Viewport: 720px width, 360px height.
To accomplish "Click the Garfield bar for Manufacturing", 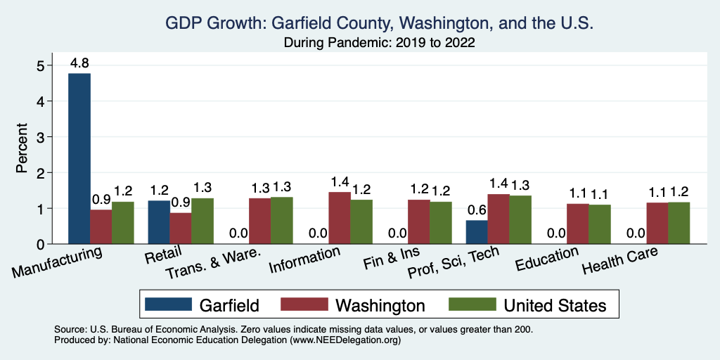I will pyautogui.click(x=79, y=159).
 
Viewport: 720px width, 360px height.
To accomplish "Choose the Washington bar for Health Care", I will pyautogui.click(x=657, y=223).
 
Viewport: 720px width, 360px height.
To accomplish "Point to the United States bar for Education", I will pyautogui.click(x=599, y=224).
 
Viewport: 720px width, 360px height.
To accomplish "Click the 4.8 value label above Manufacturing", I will pyautogui.click(x=79, y=63).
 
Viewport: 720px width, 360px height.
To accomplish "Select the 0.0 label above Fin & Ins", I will pyautogui.click(x=397, y=234).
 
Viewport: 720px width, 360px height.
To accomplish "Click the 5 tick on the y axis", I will pyautogui.click(x=41, y=65).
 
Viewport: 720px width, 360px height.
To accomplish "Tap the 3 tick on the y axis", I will pyautogui.click(x=41, y=137).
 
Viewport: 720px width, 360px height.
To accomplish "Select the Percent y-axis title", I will pyautogui.click(x=22, y=148).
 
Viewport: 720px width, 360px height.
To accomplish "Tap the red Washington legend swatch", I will pyautogui.click(x=304, y=304).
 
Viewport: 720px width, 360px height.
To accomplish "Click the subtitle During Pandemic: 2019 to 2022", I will pyautogui.click(x=379, y=42).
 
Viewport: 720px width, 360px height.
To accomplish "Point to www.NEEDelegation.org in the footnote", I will pyautogui.click(x=345, y=340).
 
